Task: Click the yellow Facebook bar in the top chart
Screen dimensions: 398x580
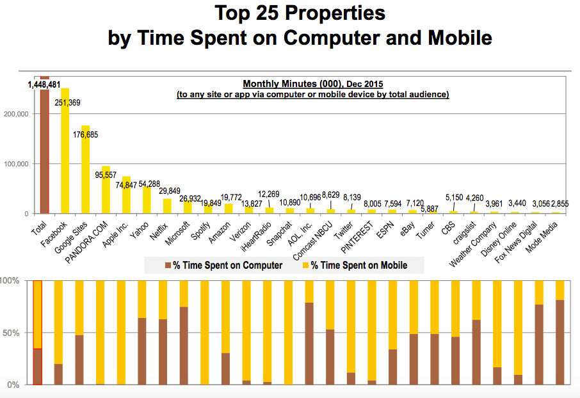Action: tap(65, 154)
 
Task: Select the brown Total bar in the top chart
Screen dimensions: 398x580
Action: tap(44, 154)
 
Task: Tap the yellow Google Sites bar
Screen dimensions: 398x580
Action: tap(85, 170)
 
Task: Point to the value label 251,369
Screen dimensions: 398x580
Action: tap(68, 102)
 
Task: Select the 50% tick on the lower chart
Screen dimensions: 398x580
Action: tap(11, 333)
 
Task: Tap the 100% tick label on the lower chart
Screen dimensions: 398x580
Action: tap(10, 281)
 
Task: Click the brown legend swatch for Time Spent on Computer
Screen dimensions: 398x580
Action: tap(168, 265)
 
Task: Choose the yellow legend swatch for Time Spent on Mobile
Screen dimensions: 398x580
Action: tap(305, 265)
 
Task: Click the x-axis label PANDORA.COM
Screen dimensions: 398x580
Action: tap(93, 237)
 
